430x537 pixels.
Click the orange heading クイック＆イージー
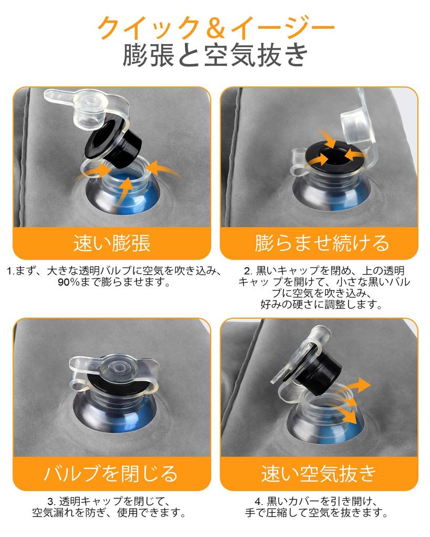click(216, 28)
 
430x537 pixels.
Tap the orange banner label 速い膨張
click(112, 243)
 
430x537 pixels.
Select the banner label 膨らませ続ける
click(322, 243)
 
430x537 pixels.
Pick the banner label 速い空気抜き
click(319, 474)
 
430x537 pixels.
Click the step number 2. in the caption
click(248, 271)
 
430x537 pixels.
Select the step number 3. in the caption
click(51, 502)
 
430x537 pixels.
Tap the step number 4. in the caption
click(259, 502)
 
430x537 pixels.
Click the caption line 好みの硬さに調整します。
click(321, 305)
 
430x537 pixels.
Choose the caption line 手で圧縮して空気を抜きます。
click(317, 513)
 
